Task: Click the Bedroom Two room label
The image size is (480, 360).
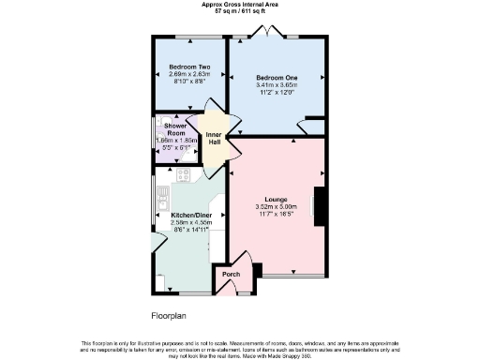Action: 188,67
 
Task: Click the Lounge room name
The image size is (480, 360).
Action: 276,200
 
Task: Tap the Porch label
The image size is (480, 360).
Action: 231,274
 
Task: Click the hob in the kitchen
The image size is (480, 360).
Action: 184,173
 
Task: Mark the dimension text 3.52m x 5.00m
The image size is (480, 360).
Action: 276,207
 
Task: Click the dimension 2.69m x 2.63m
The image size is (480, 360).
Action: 188,74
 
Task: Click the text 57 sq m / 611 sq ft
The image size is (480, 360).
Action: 239,10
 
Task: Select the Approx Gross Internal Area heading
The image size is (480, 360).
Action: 239,4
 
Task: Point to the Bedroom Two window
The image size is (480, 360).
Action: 190,38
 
